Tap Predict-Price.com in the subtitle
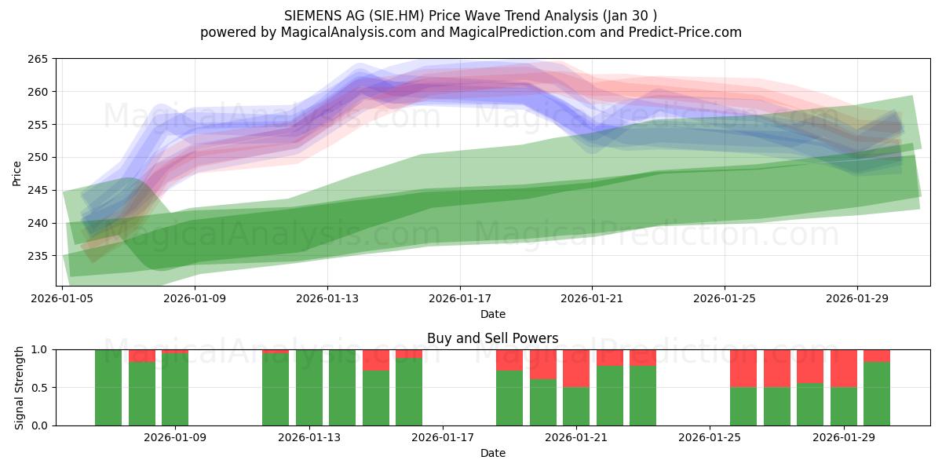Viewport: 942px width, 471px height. pos(685,32)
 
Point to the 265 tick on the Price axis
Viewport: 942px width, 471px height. pos(38,59)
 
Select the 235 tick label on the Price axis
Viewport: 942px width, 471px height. pos(38,256)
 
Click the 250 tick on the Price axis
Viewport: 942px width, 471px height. pos(38,157)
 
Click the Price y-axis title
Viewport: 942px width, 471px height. pos(16,173)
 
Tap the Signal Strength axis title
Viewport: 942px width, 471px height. pos(19,388)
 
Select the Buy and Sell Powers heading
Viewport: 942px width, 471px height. pos(492,338)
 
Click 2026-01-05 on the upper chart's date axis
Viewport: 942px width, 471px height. pos(62,298)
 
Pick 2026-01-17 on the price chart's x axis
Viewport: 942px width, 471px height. pos(460,298)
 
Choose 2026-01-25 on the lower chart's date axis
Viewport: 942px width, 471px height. pos(710,437)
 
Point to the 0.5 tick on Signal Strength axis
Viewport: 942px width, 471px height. pos(40,387)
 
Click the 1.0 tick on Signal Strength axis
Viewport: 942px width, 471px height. pos(40,350)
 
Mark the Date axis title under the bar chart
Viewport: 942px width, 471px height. pos(493,453)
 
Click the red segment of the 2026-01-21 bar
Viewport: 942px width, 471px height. pos(576,368)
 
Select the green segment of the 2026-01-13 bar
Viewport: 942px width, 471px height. pos(309,388)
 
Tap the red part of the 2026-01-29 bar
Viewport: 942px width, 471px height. pos(844,368)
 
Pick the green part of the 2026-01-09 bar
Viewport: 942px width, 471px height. pos(175,389)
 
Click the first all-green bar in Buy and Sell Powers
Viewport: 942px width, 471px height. pos(108,388)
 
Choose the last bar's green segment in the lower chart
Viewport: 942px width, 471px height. pos(877,393)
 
